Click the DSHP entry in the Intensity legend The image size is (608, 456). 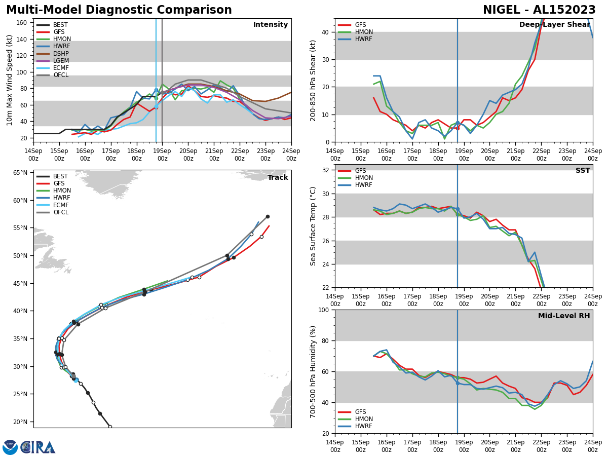(61, 54)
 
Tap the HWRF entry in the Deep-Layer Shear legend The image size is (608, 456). (363, 39)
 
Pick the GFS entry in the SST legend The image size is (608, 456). (360, 171)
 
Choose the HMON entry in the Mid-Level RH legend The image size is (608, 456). (363, 419)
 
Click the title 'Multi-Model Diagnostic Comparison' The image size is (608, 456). (119, 10)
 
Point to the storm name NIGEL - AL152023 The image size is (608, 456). (539, 10)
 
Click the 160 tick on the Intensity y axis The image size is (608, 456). (22, 23)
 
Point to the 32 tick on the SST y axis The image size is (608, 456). (326, 170)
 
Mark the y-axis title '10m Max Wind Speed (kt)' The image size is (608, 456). (10, 80)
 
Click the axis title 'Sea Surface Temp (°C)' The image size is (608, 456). (313, 226)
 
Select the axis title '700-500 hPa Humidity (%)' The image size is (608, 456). (313, 371)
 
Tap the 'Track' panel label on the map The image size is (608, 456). (278, 178)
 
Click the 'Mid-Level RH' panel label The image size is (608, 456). (564, 316)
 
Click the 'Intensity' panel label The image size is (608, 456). (271, 25)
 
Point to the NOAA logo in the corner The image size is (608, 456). (10, 447)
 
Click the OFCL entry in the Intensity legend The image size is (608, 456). (61, 75)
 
